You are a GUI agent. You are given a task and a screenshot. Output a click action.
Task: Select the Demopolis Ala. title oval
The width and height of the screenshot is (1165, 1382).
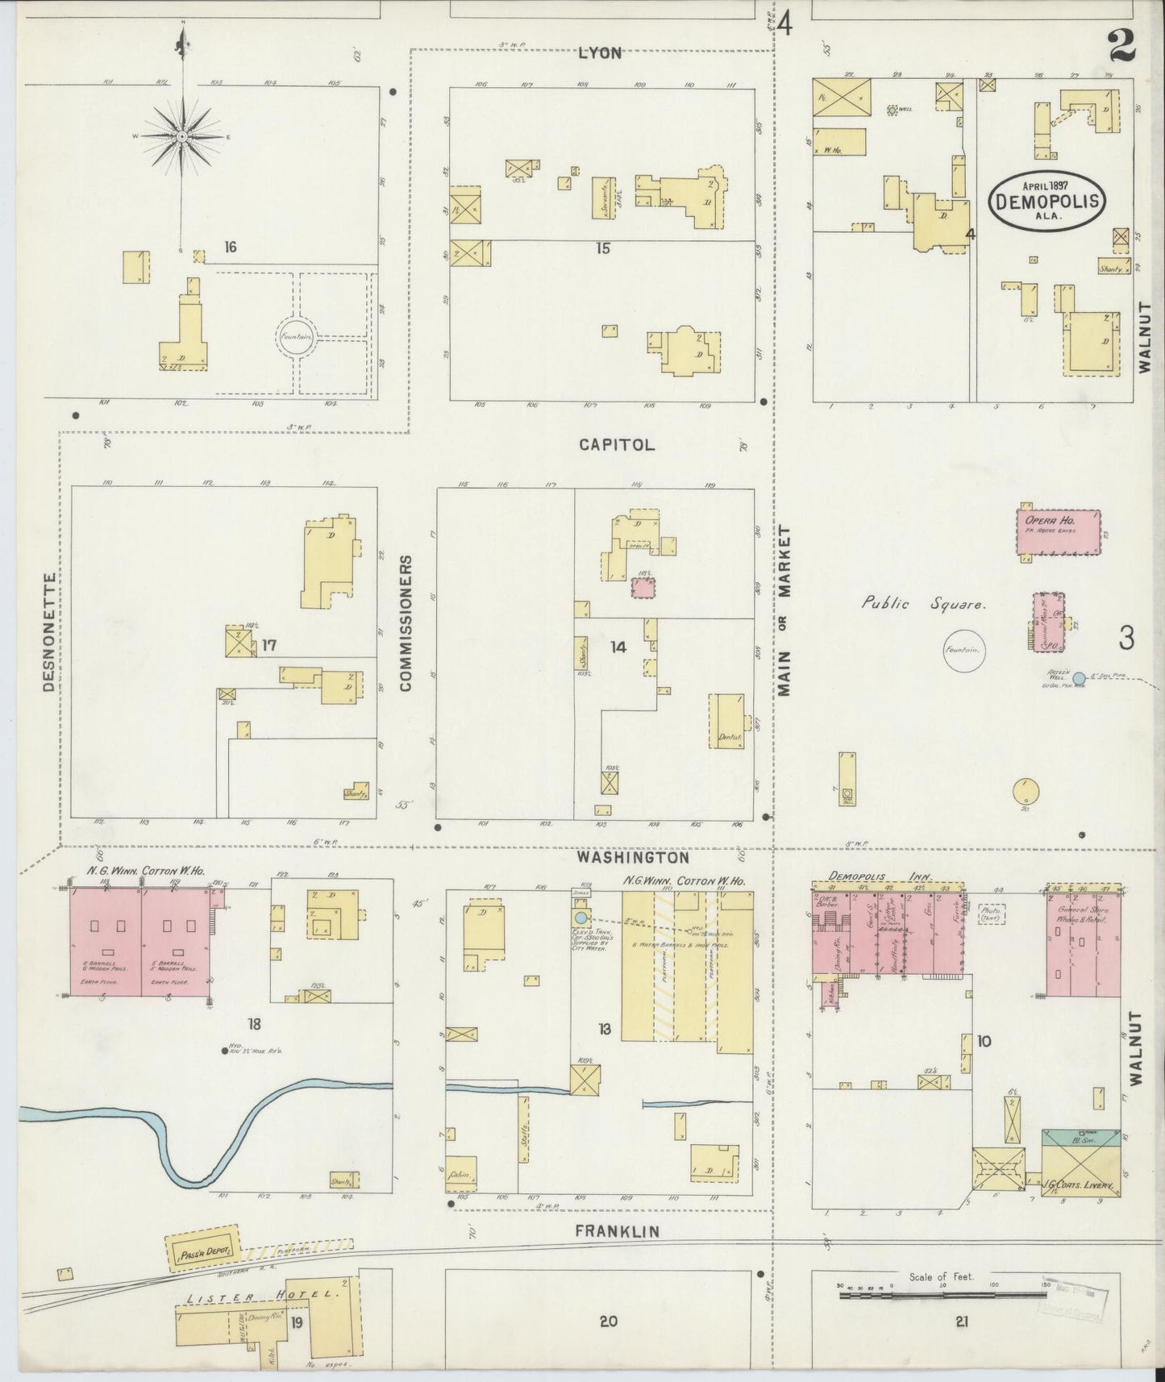coord(1047,199)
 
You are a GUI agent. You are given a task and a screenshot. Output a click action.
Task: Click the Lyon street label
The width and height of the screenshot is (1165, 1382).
coord(600,53)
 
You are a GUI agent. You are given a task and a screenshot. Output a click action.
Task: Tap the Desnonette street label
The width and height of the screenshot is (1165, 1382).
coord(50,632)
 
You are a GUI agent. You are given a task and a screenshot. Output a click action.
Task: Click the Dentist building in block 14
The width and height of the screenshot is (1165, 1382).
coord(726,720)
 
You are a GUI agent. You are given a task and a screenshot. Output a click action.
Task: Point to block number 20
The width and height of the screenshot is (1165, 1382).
coord(608,1321)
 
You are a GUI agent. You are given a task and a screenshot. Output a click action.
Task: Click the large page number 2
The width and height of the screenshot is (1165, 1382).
coord(1121,45)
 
